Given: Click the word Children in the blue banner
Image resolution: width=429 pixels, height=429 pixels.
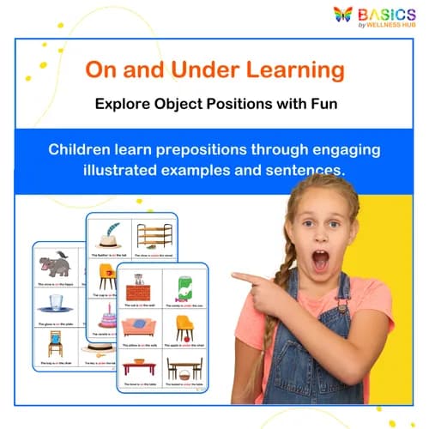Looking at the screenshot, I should click(83, 149).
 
